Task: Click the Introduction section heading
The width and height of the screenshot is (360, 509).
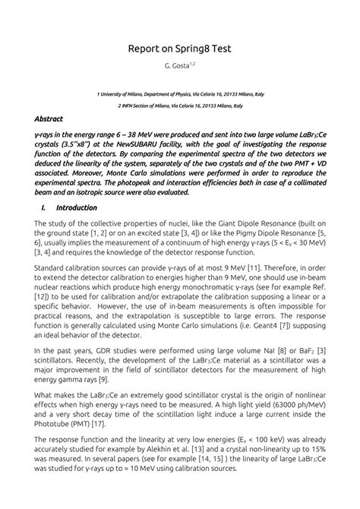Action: (x=77, y=207)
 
